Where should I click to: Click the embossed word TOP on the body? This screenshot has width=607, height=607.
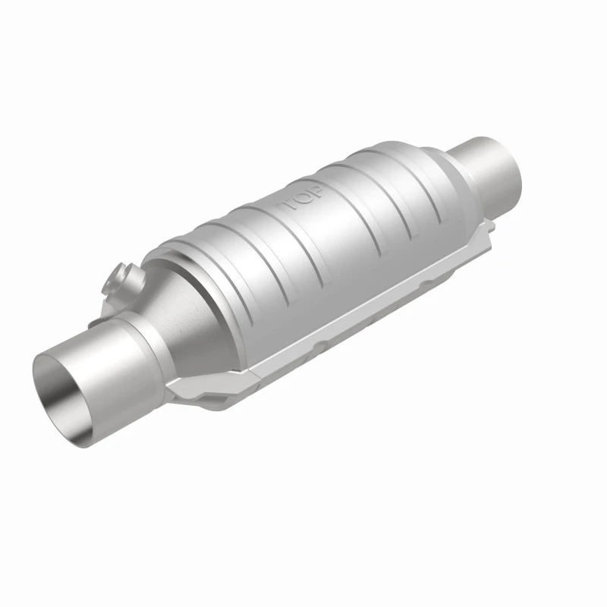click(x=303, y=198)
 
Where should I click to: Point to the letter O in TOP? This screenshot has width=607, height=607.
click(x=303, y=198)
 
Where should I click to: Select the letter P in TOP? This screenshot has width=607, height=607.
click(x=316, y=191)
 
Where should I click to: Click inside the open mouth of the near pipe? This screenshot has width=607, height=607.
click(x=67, y=387)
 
